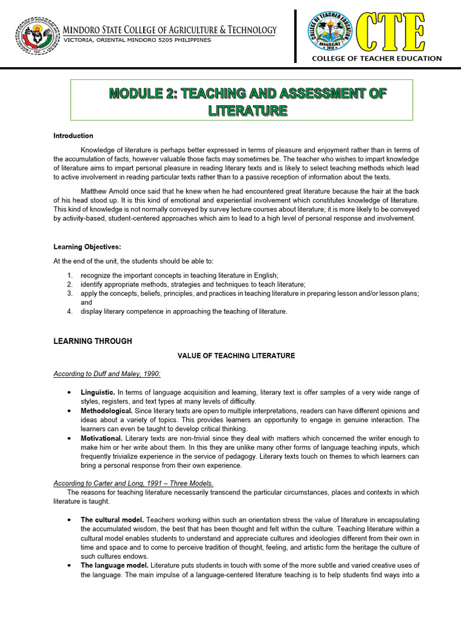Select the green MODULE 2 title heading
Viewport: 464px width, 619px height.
point(247,102)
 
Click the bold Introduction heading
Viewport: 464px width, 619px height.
point(74,136)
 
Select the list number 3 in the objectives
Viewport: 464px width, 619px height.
point(70,293)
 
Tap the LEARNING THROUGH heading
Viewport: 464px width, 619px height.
point(93,342)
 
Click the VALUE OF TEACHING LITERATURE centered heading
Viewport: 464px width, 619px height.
point(236,356)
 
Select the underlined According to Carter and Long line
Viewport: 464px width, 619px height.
point(133,483)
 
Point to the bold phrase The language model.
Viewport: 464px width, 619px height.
point(115,565)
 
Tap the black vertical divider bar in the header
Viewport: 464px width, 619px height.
point(295,36)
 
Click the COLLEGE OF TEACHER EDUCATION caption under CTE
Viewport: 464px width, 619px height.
point(376,59)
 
